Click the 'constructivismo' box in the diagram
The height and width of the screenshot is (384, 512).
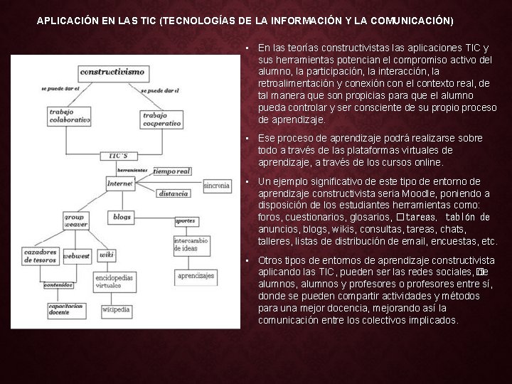click(112, 72)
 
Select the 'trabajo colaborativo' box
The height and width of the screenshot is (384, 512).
click(69, 116)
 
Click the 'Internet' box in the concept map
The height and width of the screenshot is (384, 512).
click(119, 183)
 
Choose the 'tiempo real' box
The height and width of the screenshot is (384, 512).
click(171, 171)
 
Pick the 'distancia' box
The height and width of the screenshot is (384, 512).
click(174, 193)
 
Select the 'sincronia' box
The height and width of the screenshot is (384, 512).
click(216, 186)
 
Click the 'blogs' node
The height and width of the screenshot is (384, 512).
click(122, 216)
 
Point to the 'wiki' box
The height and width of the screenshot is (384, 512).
click(107, 254)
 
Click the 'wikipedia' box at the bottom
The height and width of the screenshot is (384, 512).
click(115, 309)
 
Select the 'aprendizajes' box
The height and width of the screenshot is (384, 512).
click(196, 275)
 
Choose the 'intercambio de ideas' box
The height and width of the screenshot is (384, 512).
click(190, 244)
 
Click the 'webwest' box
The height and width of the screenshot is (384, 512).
click(76, 256)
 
